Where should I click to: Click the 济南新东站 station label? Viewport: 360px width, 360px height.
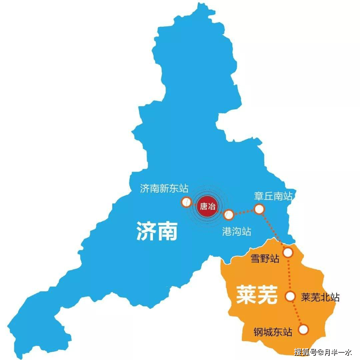pyautogui.click(x=164, y=189)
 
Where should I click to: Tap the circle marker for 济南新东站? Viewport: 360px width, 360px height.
pyautogui.click(x=186, y=202)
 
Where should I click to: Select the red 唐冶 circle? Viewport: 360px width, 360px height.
pyautogui.click(x=207, y=206)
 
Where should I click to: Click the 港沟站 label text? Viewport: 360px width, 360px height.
pyautogui.click(x=236, y=231)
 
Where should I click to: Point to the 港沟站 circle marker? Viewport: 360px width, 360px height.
pyautogui.click(x=229, y=215)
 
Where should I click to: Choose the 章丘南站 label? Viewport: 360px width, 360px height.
pyautogui.click(x=273, y=196)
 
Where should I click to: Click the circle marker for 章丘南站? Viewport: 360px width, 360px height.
pyautogui.click(x=259, y=209)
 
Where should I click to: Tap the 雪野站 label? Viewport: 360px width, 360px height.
pyautogui.click(x=265, y=258)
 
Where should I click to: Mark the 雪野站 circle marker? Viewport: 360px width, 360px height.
pyautogui.click(x=288, y=252)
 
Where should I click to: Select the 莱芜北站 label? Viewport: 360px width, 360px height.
pyautogui.click(x=320, y=297)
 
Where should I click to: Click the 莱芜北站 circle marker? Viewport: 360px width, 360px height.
pyautogui.click(x=290, y=296)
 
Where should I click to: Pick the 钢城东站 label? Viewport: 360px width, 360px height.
pyautogui.click(x=273, y=332)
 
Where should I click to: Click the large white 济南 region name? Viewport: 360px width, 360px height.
pyautogui.click(x=157, y=231)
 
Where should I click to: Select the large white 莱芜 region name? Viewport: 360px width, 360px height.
pyautogui.click(x=257, y=295)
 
